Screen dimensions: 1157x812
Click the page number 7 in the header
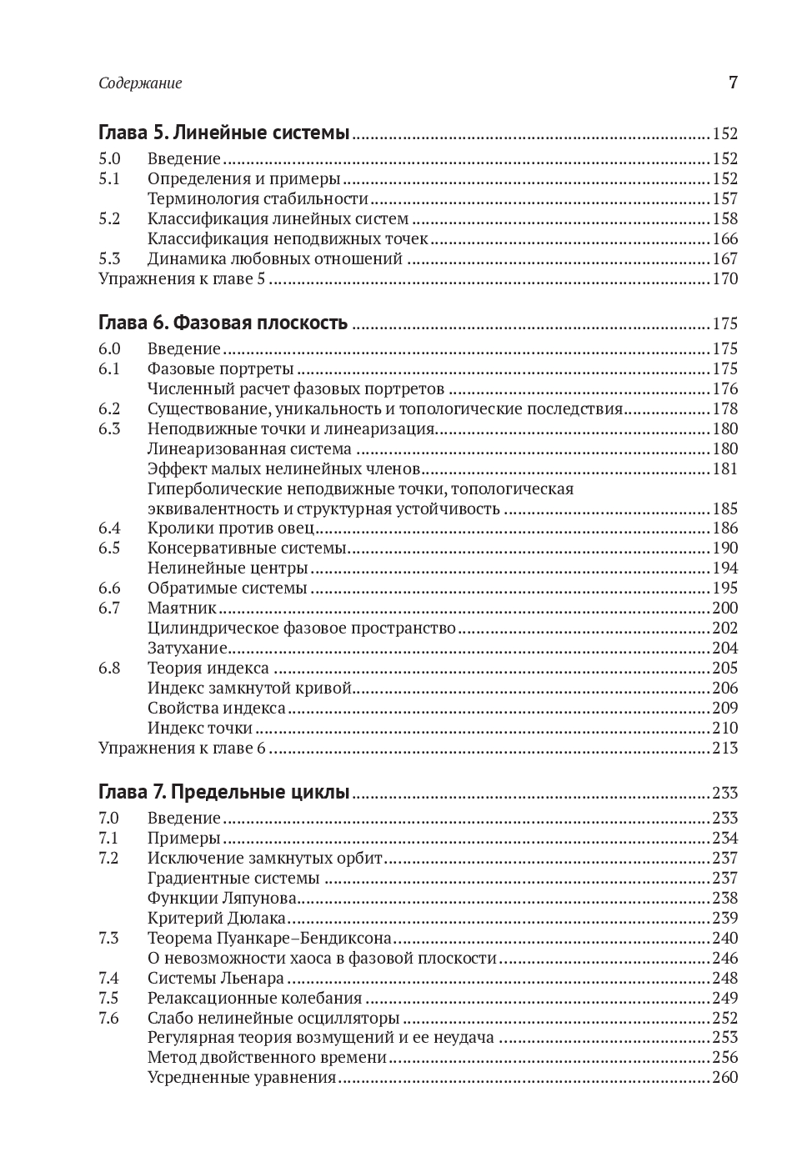coord(733,83)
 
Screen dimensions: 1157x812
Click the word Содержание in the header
coord(140,83)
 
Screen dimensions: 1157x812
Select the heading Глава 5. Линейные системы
coord(223,133)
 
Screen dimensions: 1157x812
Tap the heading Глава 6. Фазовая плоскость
coord(223,323)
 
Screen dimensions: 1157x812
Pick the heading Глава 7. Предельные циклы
coord(223,793)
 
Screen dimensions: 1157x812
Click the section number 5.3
coord(109,258)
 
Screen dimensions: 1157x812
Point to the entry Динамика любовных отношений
coord(275,258)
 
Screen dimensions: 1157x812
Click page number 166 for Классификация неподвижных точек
coord(724,238)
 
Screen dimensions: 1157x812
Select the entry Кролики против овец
coord(231,528)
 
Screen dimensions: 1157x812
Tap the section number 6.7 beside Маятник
coord(109,608)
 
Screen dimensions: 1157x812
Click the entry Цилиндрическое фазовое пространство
coord(302,628)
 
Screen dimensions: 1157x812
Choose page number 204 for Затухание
coord(724,648)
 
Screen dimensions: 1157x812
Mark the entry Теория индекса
coord(208,668)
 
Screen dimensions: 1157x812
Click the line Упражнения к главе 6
coord(182,748)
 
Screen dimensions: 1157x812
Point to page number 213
coord(724,748)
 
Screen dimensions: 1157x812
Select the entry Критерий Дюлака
coord(217,918)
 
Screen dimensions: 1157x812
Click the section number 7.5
coord(109,998)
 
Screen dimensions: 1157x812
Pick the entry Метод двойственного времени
coord(267,1058)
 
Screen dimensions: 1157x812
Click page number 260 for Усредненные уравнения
coord(724,1078)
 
